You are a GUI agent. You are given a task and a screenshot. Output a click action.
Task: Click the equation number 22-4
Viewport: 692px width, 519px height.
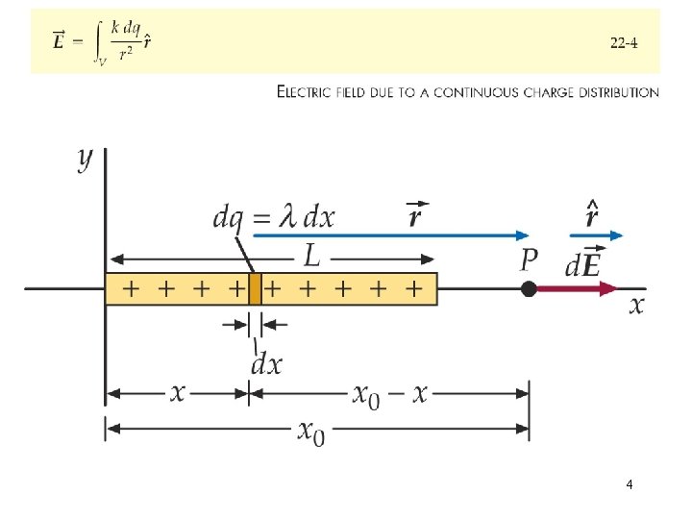pyautogui.click(x=624, y=42)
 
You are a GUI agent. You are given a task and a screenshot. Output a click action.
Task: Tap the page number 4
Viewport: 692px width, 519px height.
pyautogui.click(x=629, y=484)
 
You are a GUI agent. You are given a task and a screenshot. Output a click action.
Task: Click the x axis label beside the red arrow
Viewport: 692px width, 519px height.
pyautogui.click(x=636, y=306)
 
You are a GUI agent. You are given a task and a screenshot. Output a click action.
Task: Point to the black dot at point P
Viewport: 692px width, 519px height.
pyautogui.click(x=529, y=288)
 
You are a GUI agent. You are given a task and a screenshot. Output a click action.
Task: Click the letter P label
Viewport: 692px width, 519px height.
pyautogui.click(x=529, y=260)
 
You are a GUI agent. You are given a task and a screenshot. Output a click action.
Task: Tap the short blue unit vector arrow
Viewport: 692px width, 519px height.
pyautogui.click(x=597, y=235)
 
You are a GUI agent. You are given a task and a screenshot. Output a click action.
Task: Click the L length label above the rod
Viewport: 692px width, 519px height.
pyautogui.click(x=312, y=255)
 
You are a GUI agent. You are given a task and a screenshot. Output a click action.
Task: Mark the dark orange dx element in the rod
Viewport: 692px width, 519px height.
pyautogui.click(x=255, y=288)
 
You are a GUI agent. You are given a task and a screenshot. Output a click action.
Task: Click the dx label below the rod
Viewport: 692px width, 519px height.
pyautogui.click(x=266, y=364)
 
